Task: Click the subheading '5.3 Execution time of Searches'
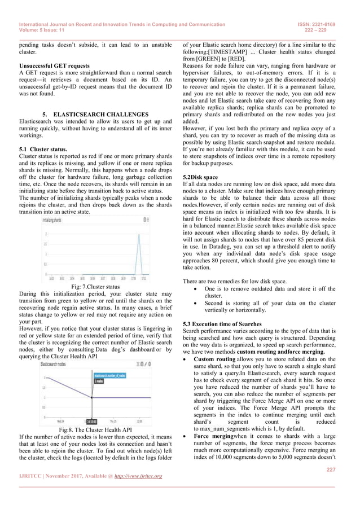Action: coord(224,322)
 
